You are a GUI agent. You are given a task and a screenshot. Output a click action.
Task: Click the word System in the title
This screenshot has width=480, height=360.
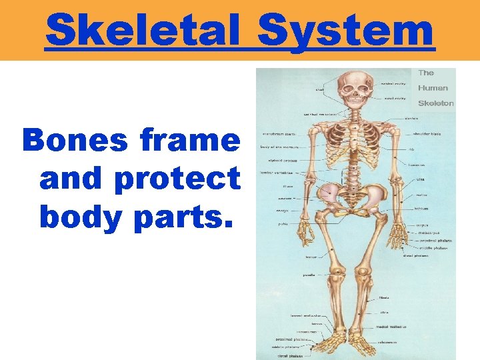(346, 30)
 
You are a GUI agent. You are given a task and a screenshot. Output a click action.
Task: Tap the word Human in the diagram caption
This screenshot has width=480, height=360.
(433, 87)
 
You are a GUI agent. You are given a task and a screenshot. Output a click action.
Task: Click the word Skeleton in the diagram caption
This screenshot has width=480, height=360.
(436, 103)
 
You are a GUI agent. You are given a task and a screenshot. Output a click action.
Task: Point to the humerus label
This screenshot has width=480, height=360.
(417, 164)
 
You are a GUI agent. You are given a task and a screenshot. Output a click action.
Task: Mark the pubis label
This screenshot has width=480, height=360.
(283, 224)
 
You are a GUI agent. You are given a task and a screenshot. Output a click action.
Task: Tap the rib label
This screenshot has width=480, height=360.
(413, 149)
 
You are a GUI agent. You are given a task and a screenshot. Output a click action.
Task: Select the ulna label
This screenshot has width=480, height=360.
(420, 179)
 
